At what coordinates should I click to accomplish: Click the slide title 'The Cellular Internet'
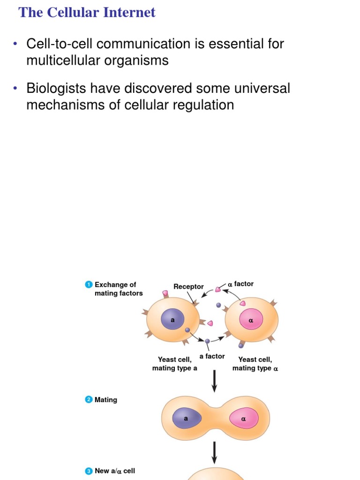point(87,13)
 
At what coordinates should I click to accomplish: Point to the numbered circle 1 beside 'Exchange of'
point(89,285)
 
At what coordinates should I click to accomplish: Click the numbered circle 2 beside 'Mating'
point(89,400)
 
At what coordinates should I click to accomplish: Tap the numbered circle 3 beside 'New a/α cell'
point(89,471)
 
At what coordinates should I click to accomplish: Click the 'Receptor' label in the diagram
point(188,286)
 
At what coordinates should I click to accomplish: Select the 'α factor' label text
point(241,284)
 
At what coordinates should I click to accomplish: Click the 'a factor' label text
point(212,356)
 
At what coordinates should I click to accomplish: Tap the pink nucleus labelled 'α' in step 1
point(251,321)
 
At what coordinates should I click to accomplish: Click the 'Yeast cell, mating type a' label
point(174,364)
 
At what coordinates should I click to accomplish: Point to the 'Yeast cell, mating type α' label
point(255,364)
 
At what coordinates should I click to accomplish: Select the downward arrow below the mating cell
point(215,452)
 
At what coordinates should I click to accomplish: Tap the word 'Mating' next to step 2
point(106,400)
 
